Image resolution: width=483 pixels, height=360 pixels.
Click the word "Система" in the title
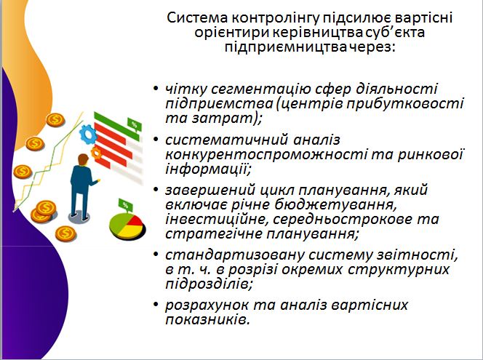197,17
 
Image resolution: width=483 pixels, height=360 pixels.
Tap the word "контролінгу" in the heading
275,18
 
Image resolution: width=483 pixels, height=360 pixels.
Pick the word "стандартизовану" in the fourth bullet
235,255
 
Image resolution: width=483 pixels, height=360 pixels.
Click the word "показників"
207,319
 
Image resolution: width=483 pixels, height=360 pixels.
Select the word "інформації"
208,169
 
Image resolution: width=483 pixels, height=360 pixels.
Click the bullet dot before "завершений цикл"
156,189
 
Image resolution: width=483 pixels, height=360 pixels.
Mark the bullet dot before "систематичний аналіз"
156,139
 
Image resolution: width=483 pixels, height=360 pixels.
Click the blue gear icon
88,135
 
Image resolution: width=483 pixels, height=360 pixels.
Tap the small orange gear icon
96,153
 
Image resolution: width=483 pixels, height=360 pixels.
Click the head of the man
83,159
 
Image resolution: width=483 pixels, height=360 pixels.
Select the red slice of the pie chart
135,220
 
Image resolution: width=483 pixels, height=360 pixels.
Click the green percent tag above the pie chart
125,204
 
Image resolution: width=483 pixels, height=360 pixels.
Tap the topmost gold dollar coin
55,120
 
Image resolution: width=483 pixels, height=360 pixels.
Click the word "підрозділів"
209,284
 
